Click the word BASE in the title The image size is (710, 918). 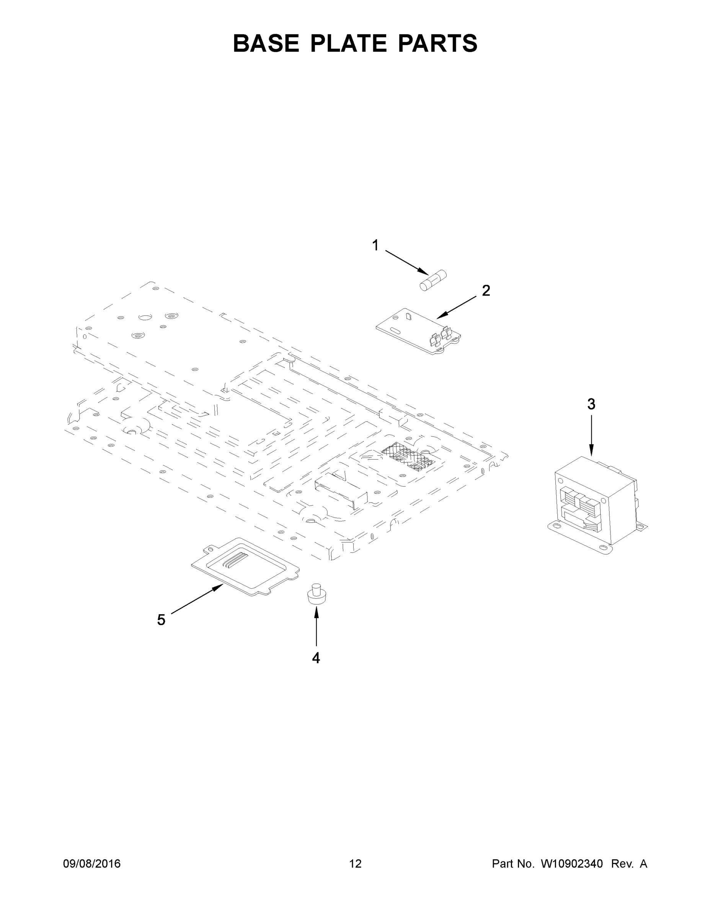tap(266, 43)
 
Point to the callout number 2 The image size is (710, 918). tap(486, 290)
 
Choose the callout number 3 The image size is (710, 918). tap(591, 404)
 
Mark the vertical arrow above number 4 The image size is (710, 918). tap(316, 627)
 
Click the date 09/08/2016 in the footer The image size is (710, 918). tap(92, 863)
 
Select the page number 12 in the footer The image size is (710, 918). tap(356, 863)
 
